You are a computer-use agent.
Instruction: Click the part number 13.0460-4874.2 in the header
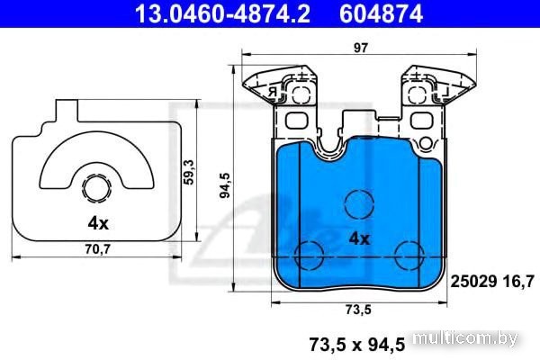pyautogui.click(x=222, y=14)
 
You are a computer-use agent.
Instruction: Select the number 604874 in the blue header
pyautogui.click(x=382, y=14)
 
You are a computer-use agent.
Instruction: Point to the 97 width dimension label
pyautogui.click(x=361, y=48)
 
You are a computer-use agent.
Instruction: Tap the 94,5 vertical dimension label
pyautogui.click(x=226, y=185)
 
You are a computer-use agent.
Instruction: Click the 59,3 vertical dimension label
pyautogui.click(x=189, y=172)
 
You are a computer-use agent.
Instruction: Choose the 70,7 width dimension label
pyautogui.click(x=97, y=248)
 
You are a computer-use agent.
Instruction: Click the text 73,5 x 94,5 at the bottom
pyautogui.click(x=356, y=345)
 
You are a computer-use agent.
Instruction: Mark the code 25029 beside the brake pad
pyautogui.click(x=473, y=282)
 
